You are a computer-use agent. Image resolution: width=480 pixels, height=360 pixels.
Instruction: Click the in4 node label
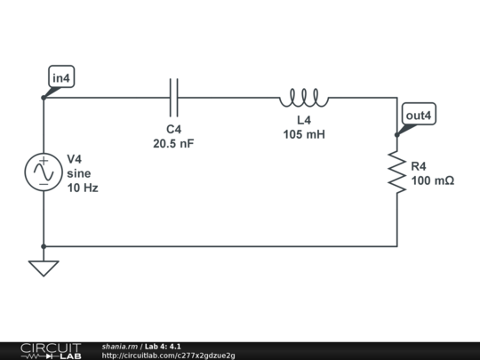point(61,79)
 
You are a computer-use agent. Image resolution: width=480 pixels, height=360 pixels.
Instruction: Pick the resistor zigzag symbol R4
point(396,172)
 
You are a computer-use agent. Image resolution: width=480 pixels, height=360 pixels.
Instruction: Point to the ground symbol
point(43,267)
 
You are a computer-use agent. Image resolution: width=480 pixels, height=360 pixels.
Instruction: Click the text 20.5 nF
point(173,143)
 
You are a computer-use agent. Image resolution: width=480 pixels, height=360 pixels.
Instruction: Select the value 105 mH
point(304,134)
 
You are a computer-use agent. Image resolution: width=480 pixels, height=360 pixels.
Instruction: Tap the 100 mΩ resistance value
point(433,180)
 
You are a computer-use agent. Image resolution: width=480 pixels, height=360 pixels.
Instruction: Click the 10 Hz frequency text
point(83,188)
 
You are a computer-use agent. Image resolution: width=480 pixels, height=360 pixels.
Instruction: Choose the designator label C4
point(173,129)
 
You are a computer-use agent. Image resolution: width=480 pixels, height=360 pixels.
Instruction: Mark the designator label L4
point(304,120)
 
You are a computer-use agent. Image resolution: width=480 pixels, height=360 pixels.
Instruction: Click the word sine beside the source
point(79,173)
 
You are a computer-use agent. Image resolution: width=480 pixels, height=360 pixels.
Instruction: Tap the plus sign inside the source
point(43,162)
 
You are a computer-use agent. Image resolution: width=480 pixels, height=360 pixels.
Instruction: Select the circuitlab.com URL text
point(169,356)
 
